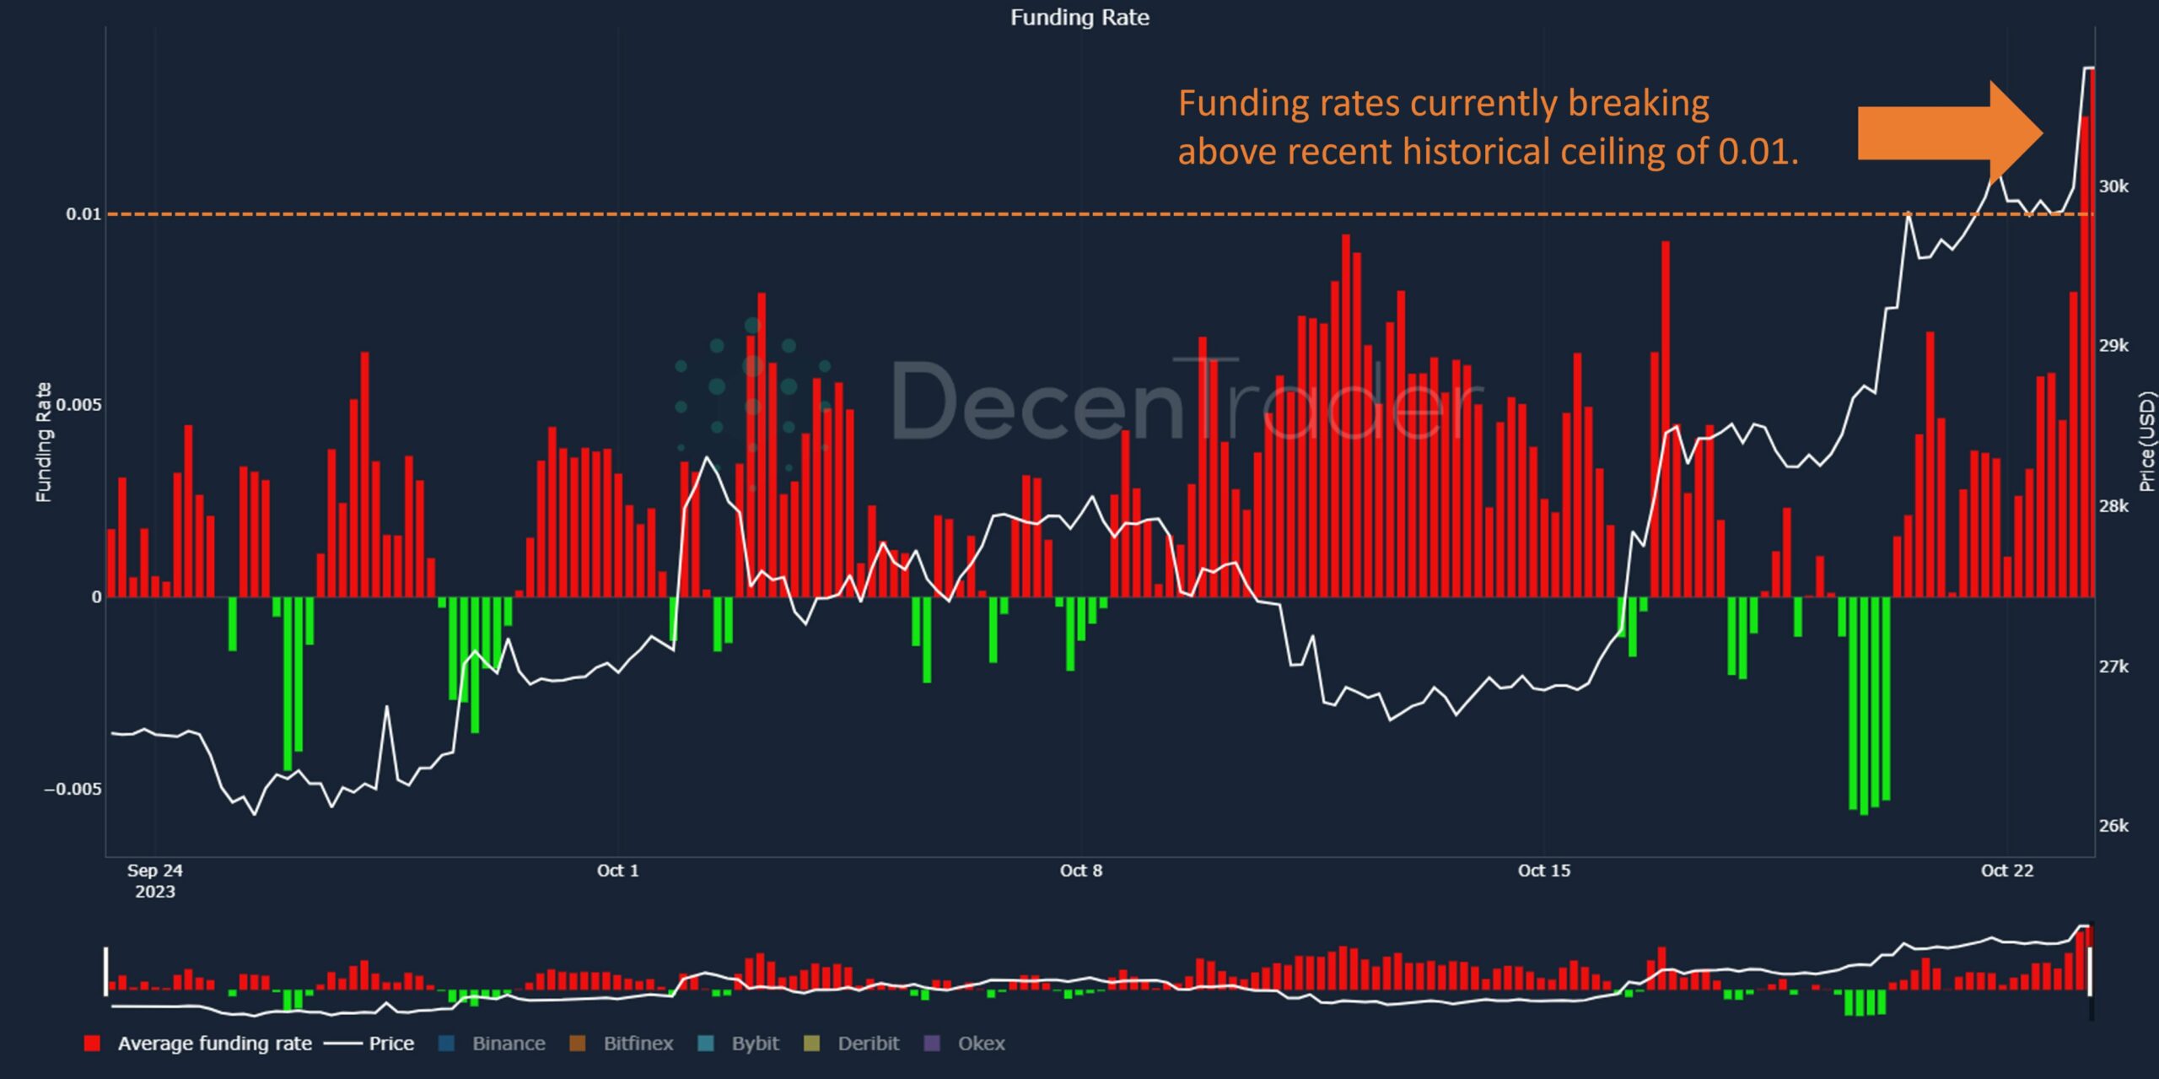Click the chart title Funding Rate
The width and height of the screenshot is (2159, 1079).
click(1079, 18)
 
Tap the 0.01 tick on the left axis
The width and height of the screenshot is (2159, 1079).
click(83, 214)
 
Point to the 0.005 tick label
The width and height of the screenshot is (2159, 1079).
click(78, 405)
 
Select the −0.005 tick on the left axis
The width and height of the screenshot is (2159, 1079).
click(73, 790)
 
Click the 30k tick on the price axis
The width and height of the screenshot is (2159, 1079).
click(2113, 186)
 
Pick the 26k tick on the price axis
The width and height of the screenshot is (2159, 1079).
click(2113, 826)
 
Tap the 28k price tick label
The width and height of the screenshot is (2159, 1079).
click(2113, 506)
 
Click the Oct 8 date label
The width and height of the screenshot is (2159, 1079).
click(1080, 871)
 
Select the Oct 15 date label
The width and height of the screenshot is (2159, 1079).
click(1543, 871)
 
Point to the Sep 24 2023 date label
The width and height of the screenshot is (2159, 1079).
click(154, 880)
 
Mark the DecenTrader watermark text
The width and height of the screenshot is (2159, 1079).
click(1181, 401)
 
